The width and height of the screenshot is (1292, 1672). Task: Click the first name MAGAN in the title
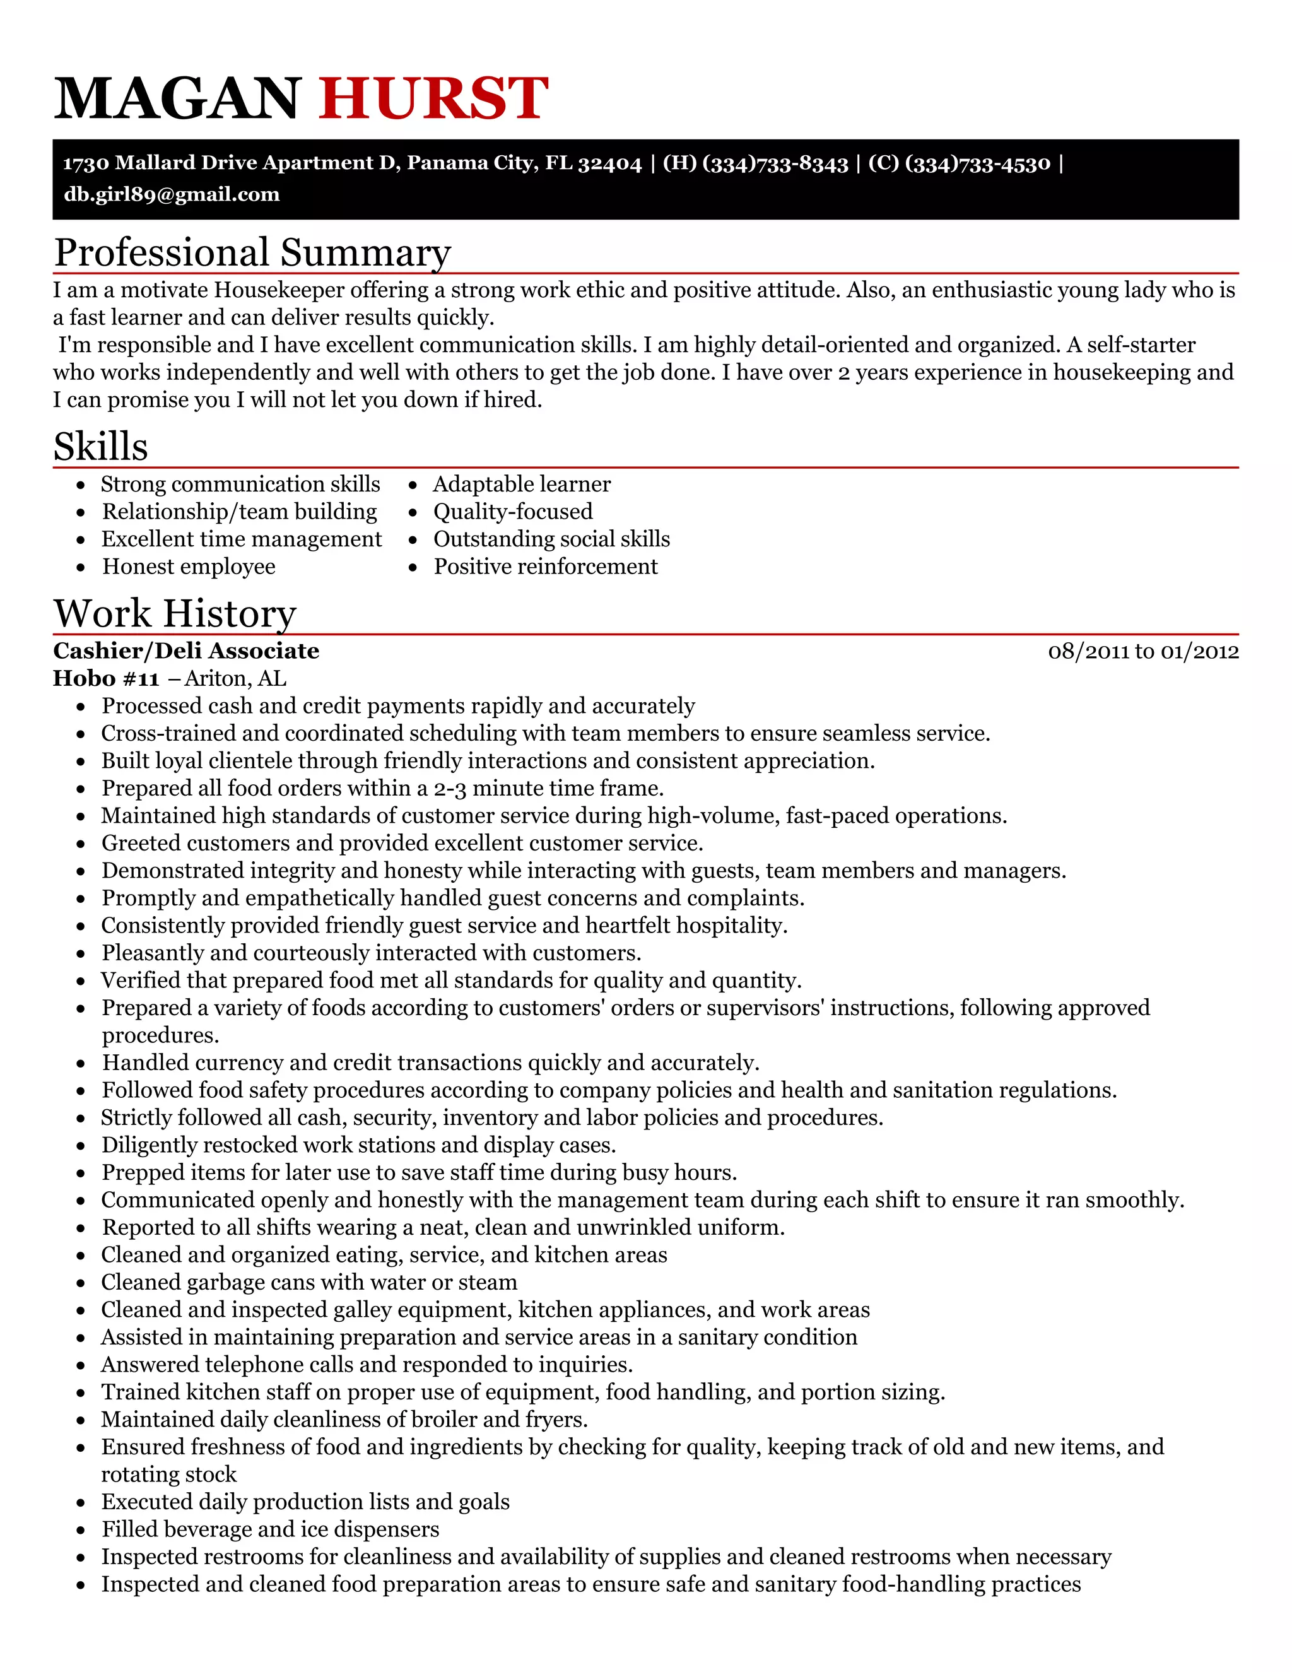click(x=177, y=98)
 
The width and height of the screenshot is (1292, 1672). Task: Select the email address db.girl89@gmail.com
click(x=172, y=194)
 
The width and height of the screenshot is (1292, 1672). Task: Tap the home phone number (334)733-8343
click(x=775, y=163)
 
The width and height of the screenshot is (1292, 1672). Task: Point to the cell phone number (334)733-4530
click(x=977, y=163)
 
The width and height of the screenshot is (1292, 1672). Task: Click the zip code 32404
click(x=610, y=163)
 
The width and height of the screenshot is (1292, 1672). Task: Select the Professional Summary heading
click(x=252, y=252)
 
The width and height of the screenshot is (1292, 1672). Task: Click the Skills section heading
click(x=100, y=446)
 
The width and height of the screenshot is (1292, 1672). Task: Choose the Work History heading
click(x=175, y=613)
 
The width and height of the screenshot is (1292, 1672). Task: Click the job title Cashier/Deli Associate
click(x=186, y=651)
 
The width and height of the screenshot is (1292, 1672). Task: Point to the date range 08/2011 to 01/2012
click(x=1142, y=652)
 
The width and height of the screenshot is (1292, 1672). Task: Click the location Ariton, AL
click(x=236, y=678)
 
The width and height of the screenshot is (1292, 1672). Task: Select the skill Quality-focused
click(x=513, y=512)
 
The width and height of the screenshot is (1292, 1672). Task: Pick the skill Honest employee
click(x=189, y=567)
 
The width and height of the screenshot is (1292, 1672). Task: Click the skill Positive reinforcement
click(x=546, y=567)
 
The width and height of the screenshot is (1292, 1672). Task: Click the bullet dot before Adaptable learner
click(x=413, y=485)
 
